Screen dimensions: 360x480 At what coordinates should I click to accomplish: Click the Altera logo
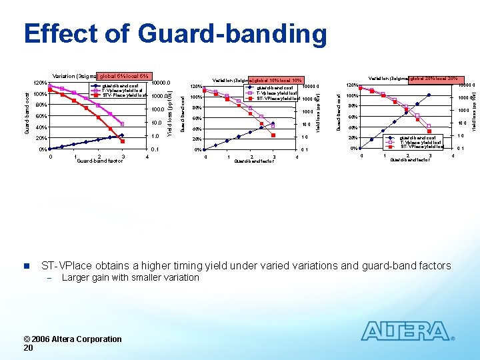point(407,331)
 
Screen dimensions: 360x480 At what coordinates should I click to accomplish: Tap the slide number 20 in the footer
point(28,347)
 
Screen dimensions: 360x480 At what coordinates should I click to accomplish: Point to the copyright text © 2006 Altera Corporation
point(73,339)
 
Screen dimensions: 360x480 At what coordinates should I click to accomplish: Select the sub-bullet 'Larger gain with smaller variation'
point(130,277)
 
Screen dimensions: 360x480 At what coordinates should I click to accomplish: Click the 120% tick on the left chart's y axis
point(40,83)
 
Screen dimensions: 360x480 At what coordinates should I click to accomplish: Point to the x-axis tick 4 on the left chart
point(146,157)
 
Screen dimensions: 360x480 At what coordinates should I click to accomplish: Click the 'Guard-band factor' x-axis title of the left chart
point(99,161)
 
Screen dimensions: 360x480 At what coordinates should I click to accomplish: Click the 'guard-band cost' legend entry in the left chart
point(121,85)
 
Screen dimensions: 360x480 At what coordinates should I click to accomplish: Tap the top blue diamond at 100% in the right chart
point(429,95)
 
